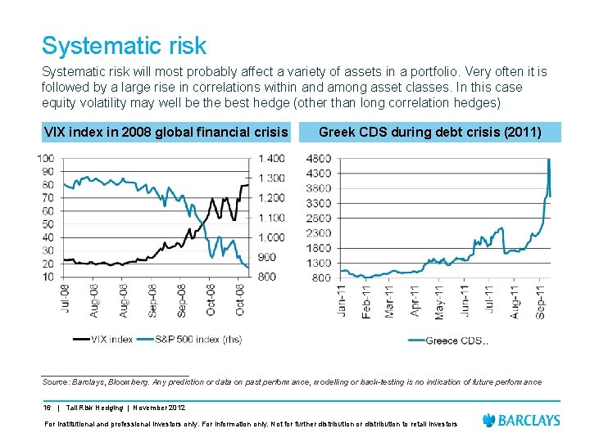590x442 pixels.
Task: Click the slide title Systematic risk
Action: click(x=124, y=46)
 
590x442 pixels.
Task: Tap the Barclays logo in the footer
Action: click(x=522, y=420)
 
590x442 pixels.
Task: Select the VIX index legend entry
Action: click(x=103, y=338)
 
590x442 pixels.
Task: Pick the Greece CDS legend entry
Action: click(x=455, y=341)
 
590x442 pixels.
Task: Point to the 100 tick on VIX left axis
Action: click(x=46, y=158)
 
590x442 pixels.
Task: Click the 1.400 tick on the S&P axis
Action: click(x=271, y=158)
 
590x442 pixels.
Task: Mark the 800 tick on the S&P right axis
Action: click(x=267, y=277)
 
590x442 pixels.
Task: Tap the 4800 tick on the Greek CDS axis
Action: click(x=319, y=158)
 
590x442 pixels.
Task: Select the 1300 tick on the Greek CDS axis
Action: click(x=319, y=263)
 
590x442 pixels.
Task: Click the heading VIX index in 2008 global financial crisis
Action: click(x=166, y=132)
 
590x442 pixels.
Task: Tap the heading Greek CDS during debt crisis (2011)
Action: click(x=429, y=132)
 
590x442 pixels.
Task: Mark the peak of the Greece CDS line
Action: click(x=548, y=159)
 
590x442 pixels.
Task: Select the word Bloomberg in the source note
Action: click(x=120, y=381)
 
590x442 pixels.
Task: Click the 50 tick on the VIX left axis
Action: click(x=48, y=223)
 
